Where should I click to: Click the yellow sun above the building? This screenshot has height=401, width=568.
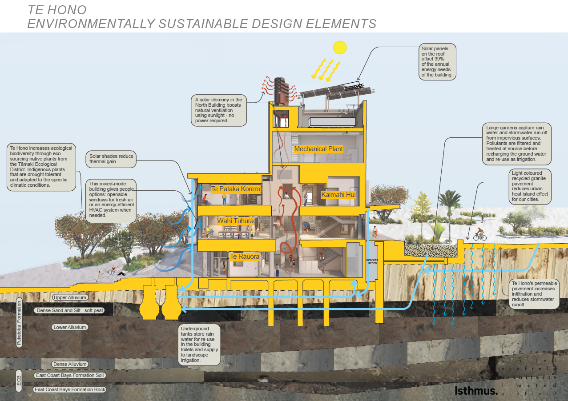(x=340, y=47)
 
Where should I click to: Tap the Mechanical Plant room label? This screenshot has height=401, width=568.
(x=318, y=149)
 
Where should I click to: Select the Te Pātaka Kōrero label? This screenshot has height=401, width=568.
(x=235, y=189)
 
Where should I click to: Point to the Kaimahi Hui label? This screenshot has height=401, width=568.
(x=338, y=194)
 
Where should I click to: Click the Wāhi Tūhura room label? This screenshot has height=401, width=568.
(x=235, y=221)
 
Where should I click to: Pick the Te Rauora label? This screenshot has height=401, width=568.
(x=244, y=257)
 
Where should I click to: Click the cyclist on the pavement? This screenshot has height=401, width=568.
(x=479, y=234)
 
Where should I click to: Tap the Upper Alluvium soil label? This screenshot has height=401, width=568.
(x=70, y=297)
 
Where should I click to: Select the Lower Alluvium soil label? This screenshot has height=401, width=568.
(x=70, y=327)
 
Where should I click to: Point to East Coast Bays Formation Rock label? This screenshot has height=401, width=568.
(x=70, y=389)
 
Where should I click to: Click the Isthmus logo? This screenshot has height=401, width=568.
(x=476, y=391)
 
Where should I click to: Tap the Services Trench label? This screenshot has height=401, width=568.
(x=371, y=261)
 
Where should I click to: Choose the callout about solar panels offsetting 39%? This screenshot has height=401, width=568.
(x=438, y=61)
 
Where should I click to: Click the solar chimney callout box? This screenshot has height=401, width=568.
(x=218, y=110)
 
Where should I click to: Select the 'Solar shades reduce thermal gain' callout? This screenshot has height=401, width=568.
(x=111, y=159)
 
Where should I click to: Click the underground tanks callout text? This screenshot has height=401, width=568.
(x=199, y=345)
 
